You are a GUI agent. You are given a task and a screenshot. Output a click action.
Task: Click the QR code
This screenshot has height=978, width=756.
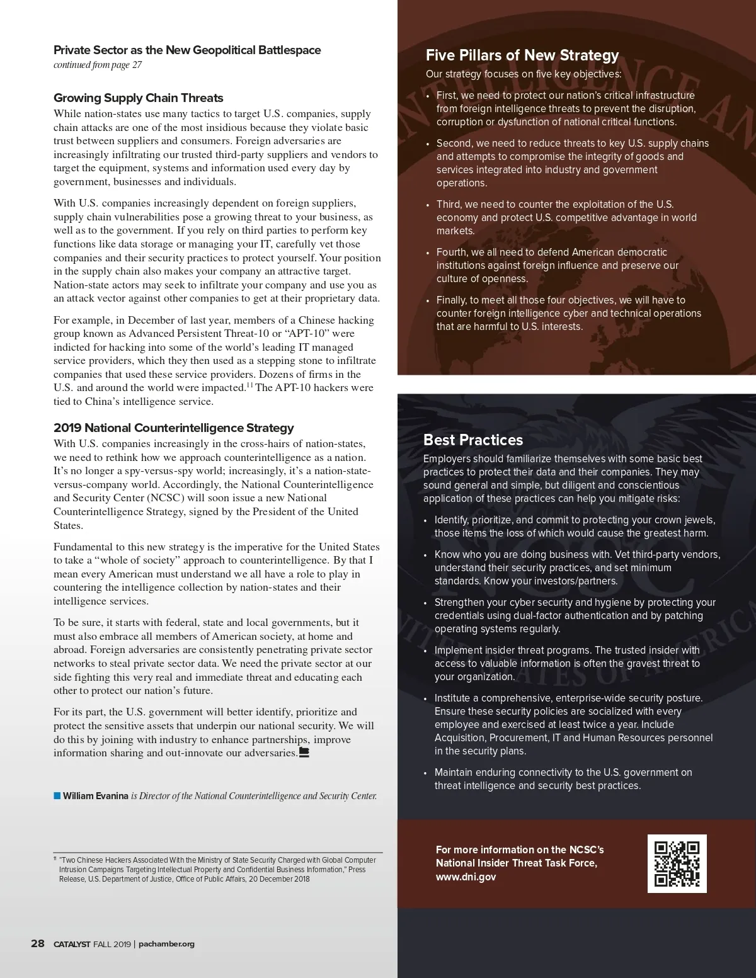point(677,863)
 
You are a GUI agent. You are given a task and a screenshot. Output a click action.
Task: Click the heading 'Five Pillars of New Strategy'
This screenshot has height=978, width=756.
point(522,55)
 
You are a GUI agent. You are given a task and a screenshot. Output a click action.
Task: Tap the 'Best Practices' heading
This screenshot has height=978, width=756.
point(473,440)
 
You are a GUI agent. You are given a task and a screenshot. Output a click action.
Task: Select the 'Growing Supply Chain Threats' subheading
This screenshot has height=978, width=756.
point(139,98)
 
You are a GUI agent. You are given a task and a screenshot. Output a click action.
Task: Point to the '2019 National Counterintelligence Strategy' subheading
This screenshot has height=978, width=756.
point(174,428)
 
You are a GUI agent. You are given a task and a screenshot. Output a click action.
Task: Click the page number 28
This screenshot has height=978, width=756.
point(38,943)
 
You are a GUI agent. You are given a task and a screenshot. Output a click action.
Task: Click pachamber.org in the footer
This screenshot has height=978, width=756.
point(166,944)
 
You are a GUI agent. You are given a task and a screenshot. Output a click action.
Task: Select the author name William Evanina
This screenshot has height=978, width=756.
point(96,796)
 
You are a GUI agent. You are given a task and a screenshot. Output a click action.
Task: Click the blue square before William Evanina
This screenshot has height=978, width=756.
point(57,796)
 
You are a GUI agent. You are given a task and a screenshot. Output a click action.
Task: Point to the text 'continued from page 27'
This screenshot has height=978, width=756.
point(98,65)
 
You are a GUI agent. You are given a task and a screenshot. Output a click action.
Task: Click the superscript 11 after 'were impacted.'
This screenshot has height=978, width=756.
point(250,385)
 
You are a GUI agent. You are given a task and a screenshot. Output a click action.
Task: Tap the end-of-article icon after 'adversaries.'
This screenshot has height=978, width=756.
point(304,752)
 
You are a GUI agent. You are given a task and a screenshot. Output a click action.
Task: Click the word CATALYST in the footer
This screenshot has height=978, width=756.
point(72,944)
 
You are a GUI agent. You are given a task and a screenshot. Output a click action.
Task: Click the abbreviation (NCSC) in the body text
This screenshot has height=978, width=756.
point(166,498)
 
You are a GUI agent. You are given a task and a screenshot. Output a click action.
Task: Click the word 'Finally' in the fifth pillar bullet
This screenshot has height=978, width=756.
point(452,300)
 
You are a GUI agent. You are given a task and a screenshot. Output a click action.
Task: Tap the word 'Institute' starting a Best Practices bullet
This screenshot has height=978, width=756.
point(452,698)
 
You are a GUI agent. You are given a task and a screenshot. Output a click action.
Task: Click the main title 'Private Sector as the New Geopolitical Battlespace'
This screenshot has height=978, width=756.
point(187,50)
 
